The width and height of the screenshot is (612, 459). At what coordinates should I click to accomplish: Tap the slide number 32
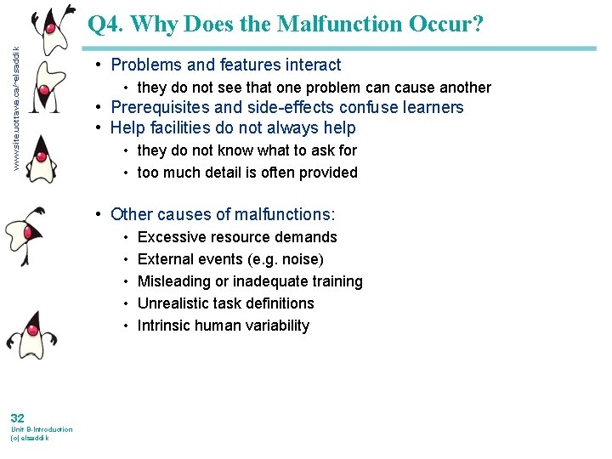click(x=18, y=417)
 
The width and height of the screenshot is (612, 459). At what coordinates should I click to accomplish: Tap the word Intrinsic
click(x=164, y=326)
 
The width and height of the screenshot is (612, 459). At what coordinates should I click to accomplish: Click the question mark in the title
click(x=478, y=24)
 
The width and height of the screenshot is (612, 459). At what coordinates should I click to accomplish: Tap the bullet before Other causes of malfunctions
click(x=101, y=215)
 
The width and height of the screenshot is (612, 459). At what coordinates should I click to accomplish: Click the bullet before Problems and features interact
click(x=101, y=65)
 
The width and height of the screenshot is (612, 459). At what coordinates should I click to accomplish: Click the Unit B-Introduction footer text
click(x=41, y=429)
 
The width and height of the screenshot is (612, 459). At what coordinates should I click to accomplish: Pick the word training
click(x=335, y=281)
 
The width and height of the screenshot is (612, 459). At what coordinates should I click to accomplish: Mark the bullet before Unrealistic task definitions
click(x=125, y=303)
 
